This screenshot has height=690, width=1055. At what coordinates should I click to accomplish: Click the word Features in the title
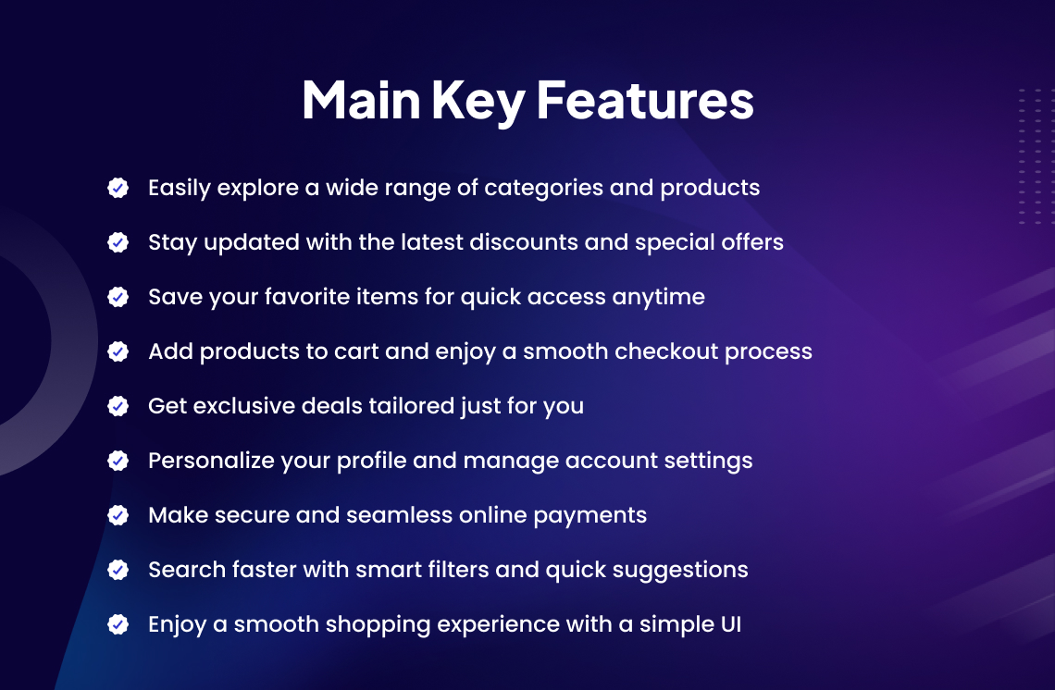point(645,100)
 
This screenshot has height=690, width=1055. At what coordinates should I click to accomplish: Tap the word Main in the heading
point(361,100)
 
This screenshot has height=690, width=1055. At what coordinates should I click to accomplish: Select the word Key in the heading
point(478,103)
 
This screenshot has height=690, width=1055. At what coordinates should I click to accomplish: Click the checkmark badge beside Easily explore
point(118,188)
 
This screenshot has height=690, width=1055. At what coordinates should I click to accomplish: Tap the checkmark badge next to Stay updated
point(118,242)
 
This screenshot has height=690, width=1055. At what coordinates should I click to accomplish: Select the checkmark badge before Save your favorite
point(118,297)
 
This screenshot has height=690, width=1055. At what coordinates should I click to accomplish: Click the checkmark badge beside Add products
point(118,351)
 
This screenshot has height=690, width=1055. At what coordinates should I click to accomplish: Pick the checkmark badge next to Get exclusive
point(118,405)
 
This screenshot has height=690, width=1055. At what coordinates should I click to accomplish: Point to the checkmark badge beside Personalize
point(118,461)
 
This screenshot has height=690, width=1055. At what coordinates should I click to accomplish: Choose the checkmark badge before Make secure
point(118,515)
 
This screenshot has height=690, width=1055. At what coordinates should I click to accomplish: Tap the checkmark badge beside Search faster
point(118,570)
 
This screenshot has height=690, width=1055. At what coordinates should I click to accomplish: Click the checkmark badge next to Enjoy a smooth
point(118,624)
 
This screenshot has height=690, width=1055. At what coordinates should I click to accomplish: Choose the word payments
point(590,516)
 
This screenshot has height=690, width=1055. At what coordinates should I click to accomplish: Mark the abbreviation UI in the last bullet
point(731,624)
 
